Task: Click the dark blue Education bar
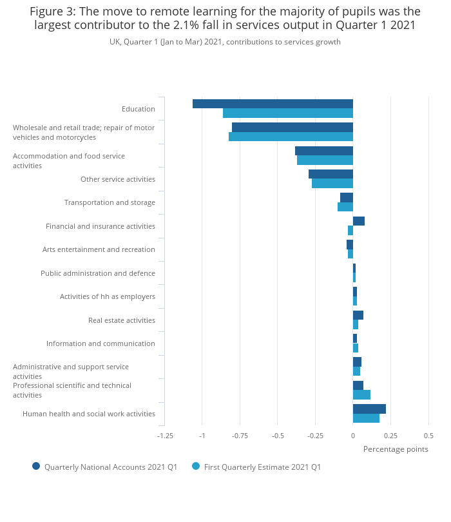click(273, 104)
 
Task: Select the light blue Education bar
click(288, 113)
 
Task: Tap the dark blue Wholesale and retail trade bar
click(293, 128)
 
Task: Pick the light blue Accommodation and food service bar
click(325, 160)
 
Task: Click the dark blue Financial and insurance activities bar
click(359, 221)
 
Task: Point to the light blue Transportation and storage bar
click(345, 207)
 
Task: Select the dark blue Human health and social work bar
click(369, 409)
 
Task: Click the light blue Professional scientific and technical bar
click(361, 395)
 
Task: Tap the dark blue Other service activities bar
click(331, 174)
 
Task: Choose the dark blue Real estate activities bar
click(358, 315)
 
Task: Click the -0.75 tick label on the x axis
click(240, 436)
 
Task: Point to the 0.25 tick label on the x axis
click(390, 436)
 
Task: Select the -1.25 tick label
click(165, 436)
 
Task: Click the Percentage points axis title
click(396, 449)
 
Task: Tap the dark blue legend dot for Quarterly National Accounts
click(36, 466)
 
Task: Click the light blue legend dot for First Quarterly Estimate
click(196, 466)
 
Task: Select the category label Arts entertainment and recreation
click(99, 249)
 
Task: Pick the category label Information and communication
click(101, 343)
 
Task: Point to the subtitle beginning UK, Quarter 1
click(225, 42)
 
